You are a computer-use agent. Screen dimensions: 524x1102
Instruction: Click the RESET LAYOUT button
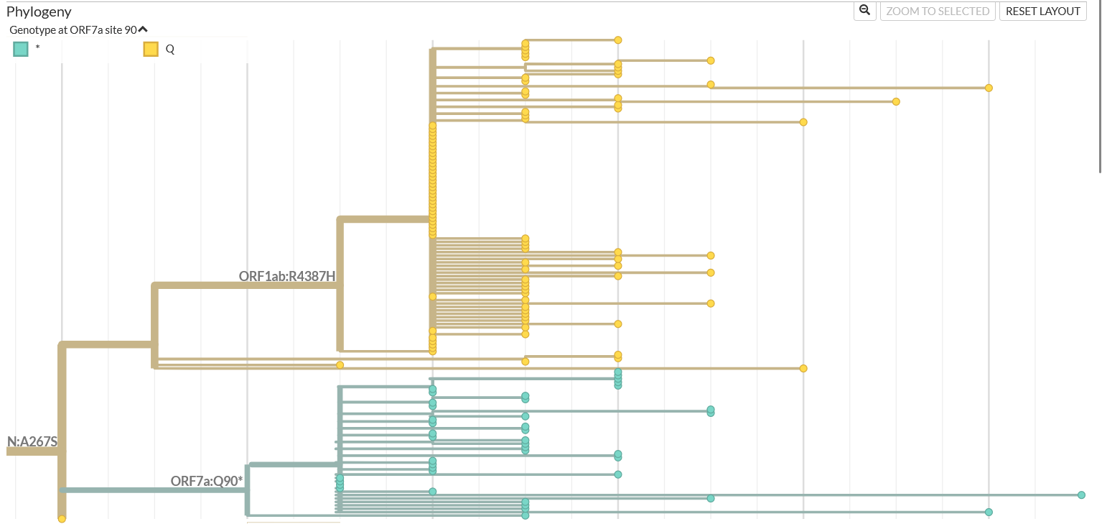click(1042, 12)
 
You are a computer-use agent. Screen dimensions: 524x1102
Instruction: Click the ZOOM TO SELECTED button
click(938, 12)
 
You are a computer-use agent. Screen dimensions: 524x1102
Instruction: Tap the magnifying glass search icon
click(864, 11)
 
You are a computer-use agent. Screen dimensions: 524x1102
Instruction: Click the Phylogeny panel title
click(39, 12)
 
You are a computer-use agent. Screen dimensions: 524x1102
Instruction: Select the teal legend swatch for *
click(21, 49)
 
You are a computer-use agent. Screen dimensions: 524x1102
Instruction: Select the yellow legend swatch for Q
click(151, 49)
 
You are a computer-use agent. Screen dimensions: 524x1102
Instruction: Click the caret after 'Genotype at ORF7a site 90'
click(143, 29)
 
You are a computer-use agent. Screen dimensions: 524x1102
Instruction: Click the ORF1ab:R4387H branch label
click(287, 276)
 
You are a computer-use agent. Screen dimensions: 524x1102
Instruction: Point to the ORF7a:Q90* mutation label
click(207, 481)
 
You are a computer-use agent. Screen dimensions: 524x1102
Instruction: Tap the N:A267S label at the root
click(32, 441)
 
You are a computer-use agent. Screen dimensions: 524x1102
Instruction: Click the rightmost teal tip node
click(1081, 495)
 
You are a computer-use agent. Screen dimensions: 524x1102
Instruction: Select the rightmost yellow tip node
click(989, 88)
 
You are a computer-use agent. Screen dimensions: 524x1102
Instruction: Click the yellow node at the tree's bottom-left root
click(62, 519)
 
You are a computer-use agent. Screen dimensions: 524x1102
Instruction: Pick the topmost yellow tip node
click(617, 40)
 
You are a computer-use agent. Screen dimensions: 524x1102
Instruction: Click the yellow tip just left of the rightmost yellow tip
click(896, 101)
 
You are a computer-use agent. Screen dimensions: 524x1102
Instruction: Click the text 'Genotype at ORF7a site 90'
click(73, 29)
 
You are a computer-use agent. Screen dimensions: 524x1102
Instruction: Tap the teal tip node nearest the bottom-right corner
click(989, 512)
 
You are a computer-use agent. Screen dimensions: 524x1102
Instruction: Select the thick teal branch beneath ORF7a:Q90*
click(154, 490)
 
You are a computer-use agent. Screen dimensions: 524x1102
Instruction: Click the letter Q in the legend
click(170, 49)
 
